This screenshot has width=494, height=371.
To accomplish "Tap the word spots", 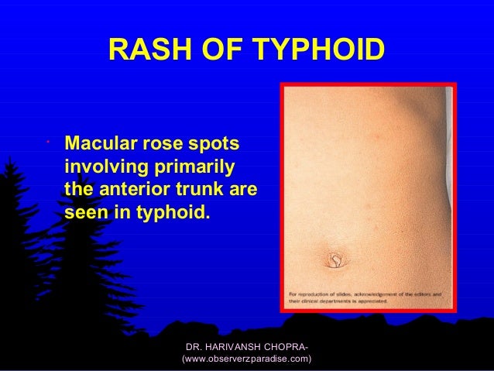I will point(215,145).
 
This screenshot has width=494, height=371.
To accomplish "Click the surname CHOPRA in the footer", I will point(292,345).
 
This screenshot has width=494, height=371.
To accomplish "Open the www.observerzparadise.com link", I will point(246,359).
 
